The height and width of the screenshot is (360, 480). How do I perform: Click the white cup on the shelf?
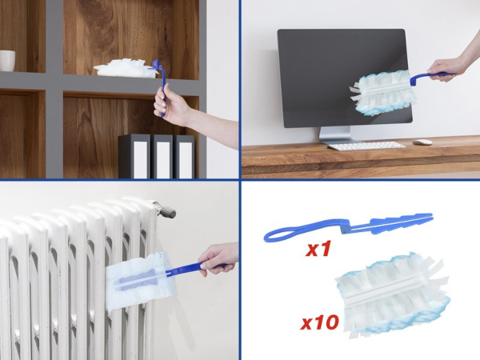[7, 61]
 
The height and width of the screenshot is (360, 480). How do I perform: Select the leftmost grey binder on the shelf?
[134, 156]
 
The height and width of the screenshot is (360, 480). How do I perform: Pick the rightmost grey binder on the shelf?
[185, 157]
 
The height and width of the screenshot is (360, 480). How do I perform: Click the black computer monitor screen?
[344, 78]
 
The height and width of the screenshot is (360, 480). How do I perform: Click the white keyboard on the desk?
[366, 146]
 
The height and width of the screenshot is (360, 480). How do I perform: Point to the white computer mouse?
[422, 142]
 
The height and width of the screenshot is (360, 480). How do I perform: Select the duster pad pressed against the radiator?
[137, 279]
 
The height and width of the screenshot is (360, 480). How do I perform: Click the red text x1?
[318, 249]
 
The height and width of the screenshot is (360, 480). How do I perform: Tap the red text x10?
[319, 322]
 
